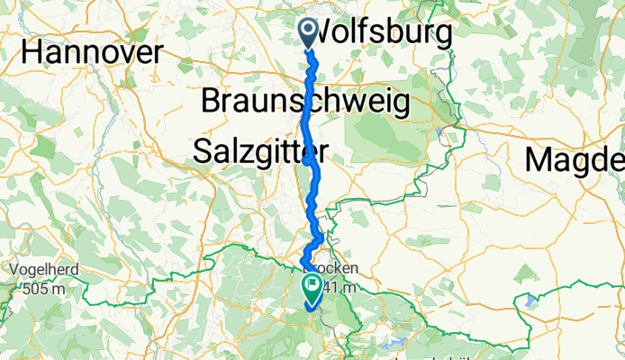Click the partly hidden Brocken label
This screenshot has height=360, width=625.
[337, 269]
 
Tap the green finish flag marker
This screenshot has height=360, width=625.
[313, 290]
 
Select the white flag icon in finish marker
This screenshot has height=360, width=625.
[313, 288]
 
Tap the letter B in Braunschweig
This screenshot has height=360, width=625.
[213, 101]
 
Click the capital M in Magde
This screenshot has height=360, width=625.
[542, 159]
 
